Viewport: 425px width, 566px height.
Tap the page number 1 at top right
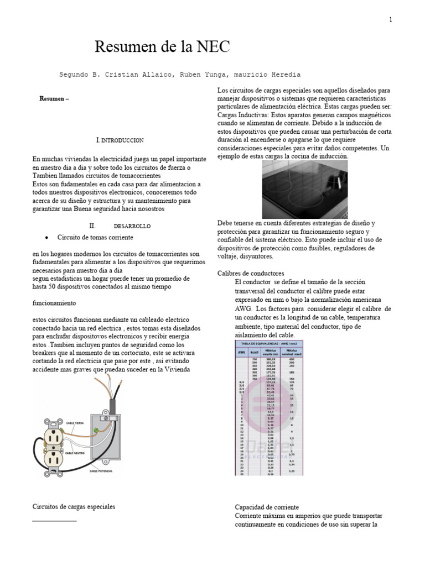pos(390,20)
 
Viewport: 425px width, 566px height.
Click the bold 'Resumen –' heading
pos(54,99)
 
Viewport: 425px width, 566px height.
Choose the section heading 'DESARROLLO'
pos(132,226)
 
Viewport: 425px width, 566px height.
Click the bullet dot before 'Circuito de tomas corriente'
pos(44,237)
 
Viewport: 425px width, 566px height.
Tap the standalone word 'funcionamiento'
pos(54,303)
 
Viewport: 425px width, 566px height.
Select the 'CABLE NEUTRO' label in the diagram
pos(76,453)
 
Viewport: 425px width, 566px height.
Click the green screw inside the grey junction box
pos(97,429)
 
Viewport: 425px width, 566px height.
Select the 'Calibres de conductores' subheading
pos(251,273)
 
